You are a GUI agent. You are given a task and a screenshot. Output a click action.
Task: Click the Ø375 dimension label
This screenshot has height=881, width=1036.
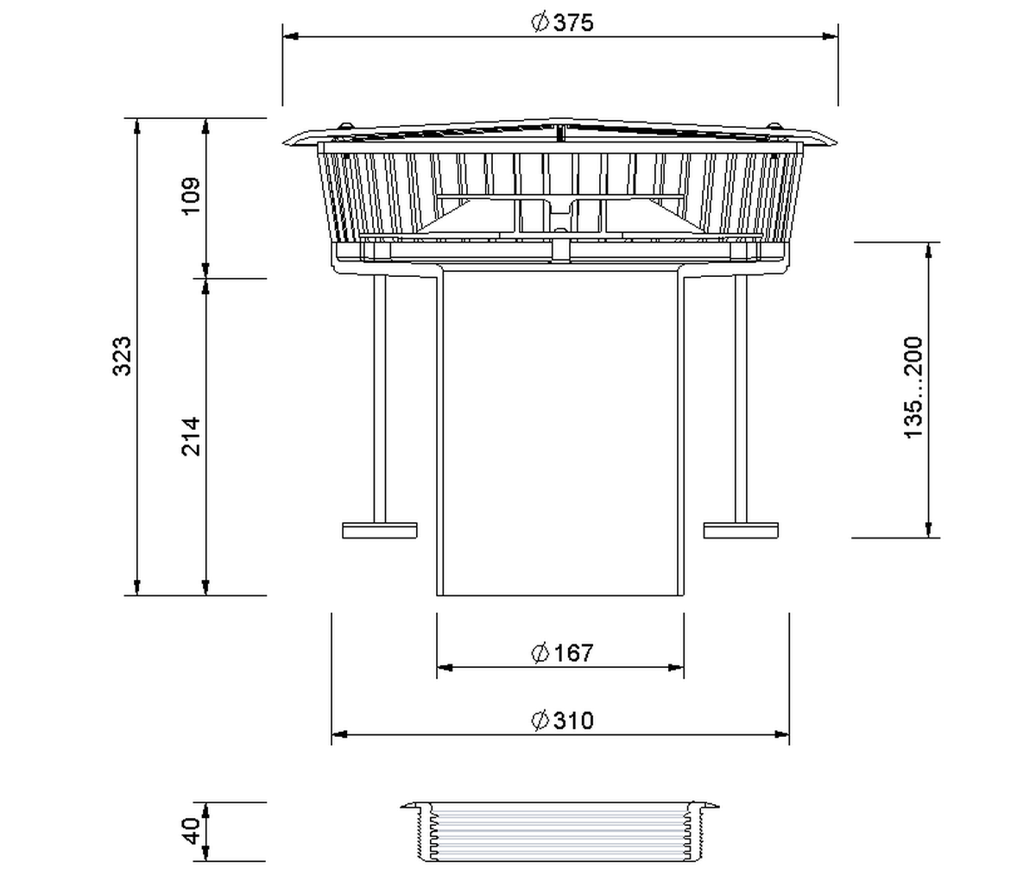pos(562,23)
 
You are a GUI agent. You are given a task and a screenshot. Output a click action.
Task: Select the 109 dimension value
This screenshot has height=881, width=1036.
pos(191,196)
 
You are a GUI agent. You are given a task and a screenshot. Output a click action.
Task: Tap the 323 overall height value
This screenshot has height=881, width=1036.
pos(122,356)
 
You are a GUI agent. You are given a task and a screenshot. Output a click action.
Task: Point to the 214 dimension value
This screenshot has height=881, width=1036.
pos(191,437)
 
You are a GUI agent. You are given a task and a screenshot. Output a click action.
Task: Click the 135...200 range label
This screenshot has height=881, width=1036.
pos(913,388)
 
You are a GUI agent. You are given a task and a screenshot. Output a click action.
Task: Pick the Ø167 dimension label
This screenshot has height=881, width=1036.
pos(562,653)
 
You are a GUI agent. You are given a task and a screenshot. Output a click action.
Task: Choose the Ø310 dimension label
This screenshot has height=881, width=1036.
pos(562,721)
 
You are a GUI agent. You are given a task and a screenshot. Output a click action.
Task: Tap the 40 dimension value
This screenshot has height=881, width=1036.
pos(191,831)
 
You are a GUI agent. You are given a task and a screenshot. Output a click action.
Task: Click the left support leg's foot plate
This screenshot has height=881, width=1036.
pos(379,531)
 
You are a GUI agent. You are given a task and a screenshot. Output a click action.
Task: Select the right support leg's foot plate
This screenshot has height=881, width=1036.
pos(741,531)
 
